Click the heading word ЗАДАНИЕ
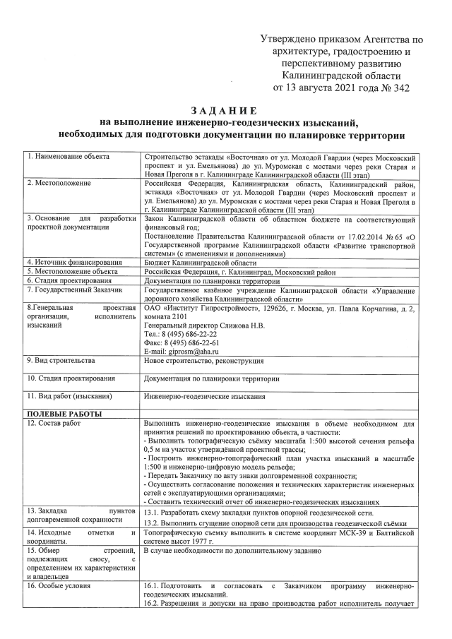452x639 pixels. click(224, 110)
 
